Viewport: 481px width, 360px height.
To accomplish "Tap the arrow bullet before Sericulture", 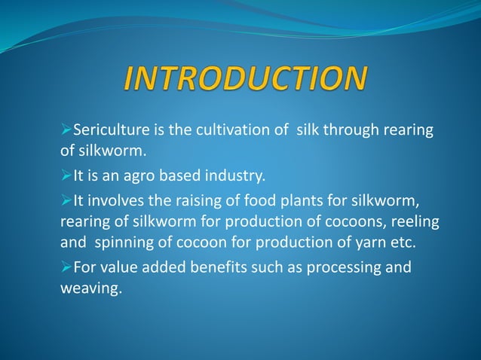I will (x=65, y=131).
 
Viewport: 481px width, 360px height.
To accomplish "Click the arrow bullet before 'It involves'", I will (x=65, y=201).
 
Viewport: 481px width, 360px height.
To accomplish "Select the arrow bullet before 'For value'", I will (x=65, y=268).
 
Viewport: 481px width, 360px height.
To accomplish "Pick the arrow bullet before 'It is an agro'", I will (x=65, y=178).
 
